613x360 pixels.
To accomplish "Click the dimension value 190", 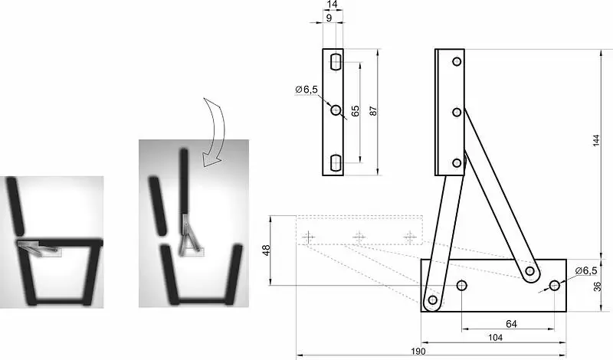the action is point(418,351).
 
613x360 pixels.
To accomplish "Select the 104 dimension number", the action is point(495,337).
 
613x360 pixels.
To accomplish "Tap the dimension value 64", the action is point(511,324).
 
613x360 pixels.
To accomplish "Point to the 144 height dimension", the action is point(596,140).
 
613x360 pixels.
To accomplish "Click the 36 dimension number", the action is point(597,286).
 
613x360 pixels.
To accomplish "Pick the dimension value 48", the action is point(266,250).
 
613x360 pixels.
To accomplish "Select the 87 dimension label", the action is point(373,110).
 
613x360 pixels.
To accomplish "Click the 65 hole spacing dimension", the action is point(355,110).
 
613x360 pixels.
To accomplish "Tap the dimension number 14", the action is point(333,5).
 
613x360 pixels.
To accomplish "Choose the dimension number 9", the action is point(329,18).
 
